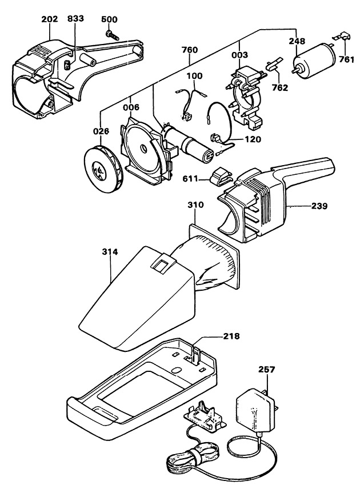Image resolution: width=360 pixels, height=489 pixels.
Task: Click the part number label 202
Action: click(x=50, y=19)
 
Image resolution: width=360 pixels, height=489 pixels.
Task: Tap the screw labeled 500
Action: click(x=113, y=35)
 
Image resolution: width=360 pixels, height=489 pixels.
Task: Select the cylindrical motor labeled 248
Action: click(x=314, y=59)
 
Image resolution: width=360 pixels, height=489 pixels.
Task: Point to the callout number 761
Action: click(x=346, y=59)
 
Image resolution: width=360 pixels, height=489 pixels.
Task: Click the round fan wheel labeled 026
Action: click(x=103, y=169)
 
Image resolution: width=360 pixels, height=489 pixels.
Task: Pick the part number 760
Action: click(x=189, y=50)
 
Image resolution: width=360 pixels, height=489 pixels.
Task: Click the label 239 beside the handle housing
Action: click(x=319, y=206)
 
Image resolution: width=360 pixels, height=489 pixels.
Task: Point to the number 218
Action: click(x=231, y=336)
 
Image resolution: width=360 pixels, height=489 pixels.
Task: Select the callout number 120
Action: click(x=253, y=139)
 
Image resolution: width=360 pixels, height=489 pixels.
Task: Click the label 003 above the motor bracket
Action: click(x=239, y=55)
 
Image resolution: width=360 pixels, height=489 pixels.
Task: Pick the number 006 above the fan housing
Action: click(x=131, y=107)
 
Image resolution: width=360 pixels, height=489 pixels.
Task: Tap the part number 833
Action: click(x=75, y=19)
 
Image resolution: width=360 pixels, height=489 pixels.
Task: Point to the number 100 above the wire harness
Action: click(x=194, y=76)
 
